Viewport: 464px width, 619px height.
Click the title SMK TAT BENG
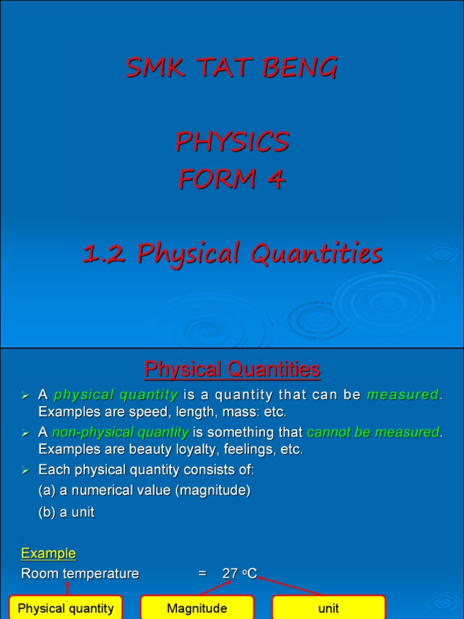pos(231,68)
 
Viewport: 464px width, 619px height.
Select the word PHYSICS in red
pos(232,143)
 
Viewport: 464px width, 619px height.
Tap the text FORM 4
pos(232,180)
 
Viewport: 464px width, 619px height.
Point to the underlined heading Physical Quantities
pos(232,369)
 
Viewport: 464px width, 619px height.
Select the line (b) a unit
pos(66,513)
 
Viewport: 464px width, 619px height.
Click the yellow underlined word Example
pos(48,553)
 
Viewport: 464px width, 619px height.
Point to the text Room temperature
pos(80,574)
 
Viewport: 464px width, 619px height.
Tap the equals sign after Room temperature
pos(202,574)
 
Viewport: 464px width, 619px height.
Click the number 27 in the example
pos(230,574)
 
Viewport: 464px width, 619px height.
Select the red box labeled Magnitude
pos(197,608)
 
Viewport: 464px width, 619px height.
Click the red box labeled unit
pos(329,608)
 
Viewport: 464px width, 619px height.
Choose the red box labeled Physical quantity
pos(66,608)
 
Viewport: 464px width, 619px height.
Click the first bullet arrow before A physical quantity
pos(25,396)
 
